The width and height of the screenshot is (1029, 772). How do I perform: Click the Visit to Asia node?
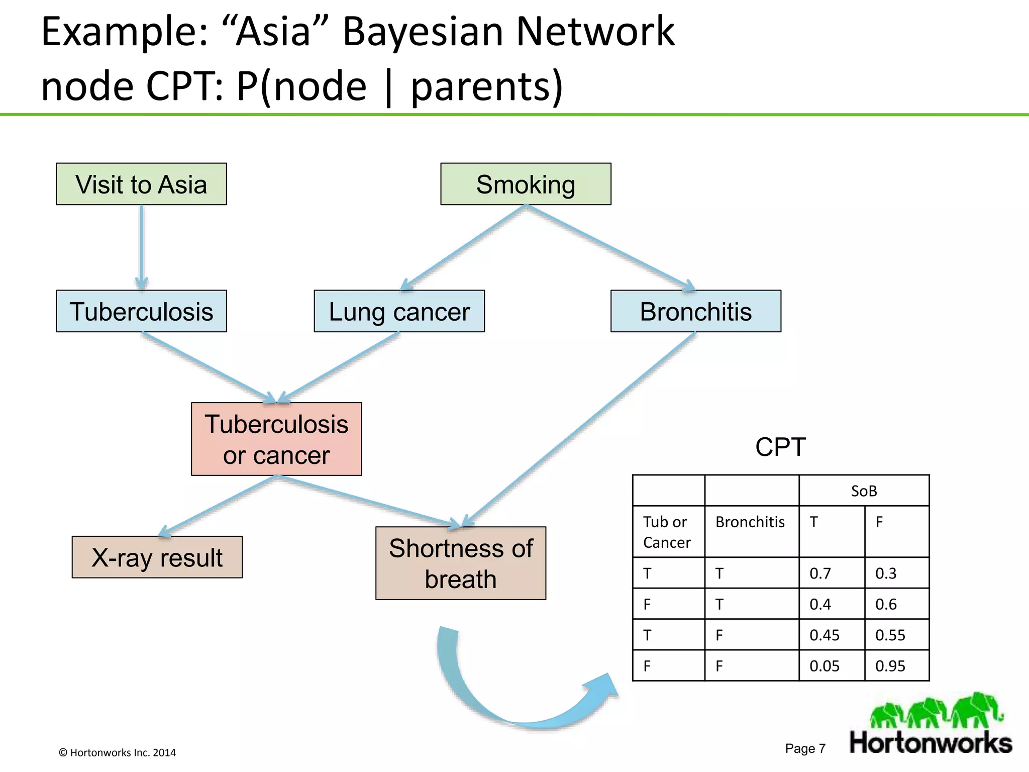click(x=141, y=184)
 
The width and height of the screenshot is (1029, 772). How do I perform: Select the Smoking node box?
click(x=526, y=184)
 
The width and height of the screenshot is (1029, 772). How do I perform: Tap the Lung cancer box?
click(x=399, y=311)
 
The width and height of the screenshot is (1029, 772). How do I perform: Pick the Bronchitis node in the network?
click(x=695, y=311)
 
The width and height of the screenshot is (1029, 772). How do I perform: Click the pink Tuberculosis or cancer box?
click(x=276, y=439)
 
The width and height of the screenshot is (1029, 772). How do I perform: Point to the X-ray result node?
click(x=157, y=557)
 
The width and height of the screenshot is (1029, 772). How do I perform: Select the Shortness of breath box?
click(x=460, y=563)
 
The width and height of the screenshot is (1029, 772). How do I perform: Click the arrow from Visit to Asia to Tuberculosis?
click(x=142, y=246)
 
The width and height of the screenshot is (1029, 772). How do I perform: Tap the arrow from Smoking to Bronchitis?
click(x=610, y=247)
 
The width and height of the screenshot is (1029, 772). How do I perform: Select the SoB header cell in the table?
click(x=864, y=491)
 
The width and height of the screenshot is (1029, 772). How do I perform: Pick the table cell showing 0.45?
click(x=831, y=635)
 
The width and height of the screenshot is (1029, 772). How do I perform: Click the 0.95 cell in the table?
click(x=896, y=666)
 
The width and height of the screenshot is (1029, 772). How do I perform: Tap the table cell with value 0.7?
click(x=831, y=573)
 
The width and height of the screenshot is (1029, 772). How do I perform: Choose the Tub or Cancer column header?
click(x=668, y=532)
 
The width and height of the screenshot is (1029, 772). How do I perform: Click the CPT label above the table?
click(x=780, y=446)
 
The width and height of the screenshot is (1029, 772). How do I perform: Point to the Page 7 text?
click(x=805, y=748)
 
